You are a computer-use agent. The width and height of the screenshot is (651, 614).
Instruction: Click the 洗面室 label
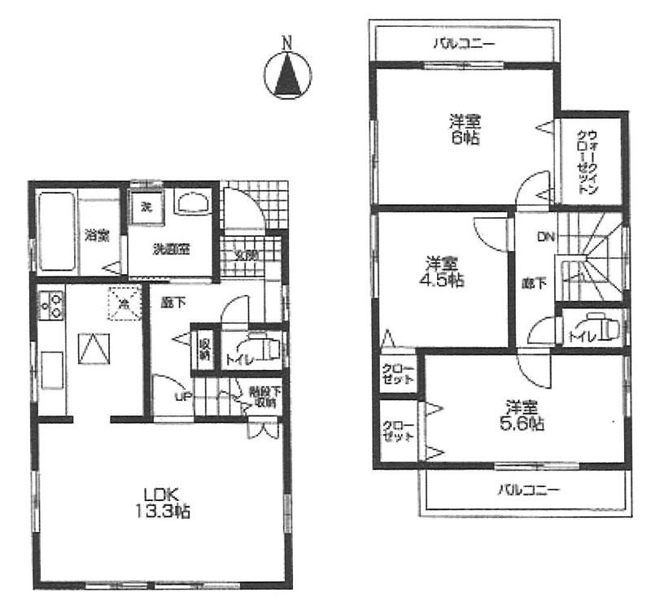point(172,250)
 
